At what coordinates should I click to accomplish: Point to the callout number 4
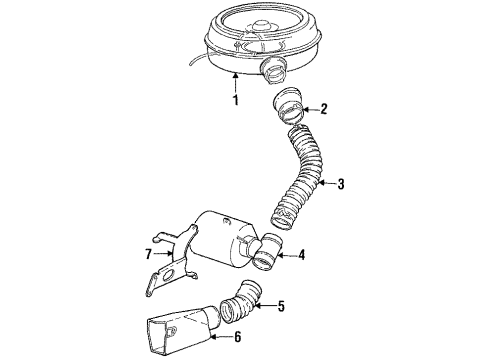point(302,256)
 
